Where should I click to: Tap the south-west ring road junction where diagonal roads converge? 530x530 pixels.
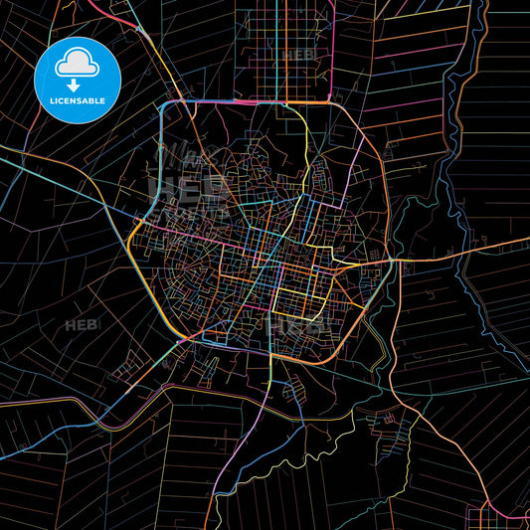coord(180,340)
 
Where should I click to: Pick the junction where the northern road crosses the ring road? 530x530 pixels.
coord(288,101)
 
